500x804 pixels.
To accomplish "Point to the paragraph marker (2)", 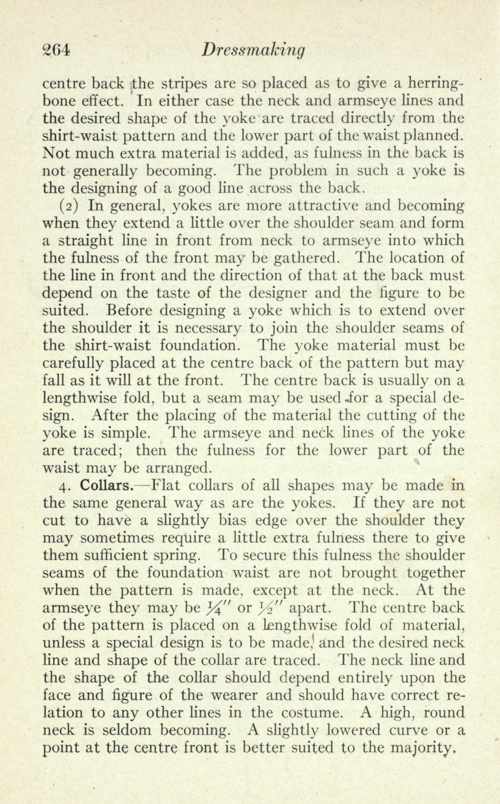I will [x=69, y=206].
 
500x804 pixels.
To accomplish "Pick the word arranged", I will [x=177, y=468].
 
